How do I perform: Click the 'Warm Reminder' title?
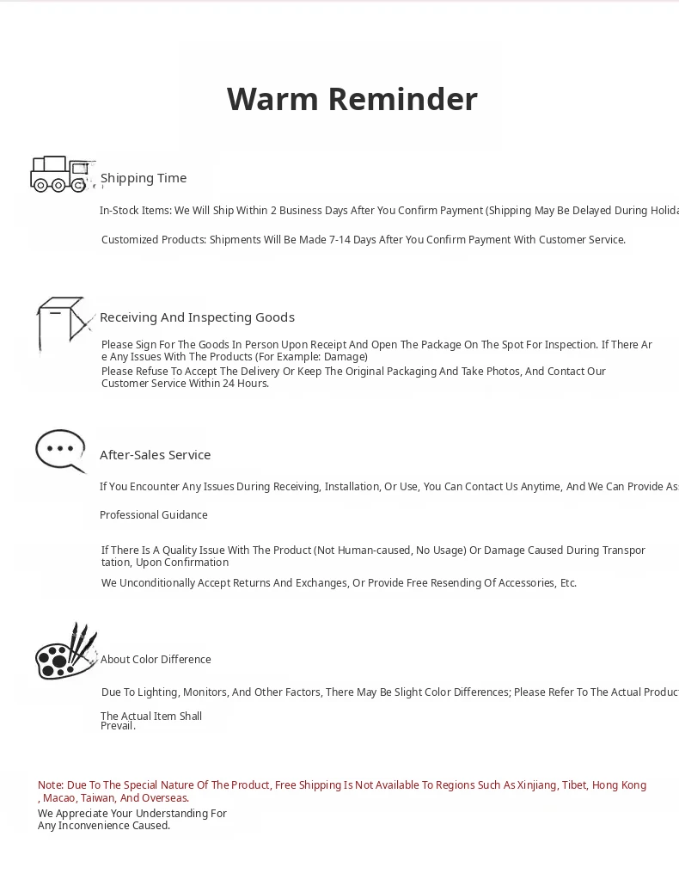point(352,99)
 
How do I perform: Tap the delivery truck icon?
point(60,174)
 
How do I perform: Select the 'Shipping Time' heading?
point(144,178)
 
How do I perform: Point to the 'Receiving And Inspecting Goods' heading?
point(197,317)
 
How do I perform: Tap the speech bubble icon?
point(60,451)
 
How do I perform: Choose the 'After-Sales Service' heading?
point(155,455)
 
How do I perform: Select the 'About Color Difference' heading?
point(156,660)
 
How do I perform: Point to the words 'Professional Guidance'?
point(154,515)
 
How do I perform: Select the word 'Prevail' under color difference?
point(117,726)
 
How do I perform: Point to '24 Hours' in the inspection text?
point(246,384)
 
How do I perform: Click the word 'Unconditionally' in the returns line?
point(158,583)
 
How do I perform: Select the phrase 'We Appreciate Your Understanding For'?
point(132,814)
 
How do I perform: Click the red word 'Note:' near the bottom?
point(51,785)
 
